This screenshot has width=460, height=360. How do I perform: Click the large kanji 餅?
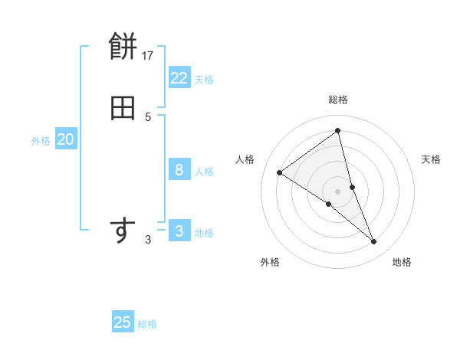(123, 48)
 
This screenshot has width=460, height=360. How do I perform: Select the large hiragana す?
(123, 231)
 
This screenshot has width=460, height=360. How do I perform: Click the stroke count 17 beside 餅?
(148, 55)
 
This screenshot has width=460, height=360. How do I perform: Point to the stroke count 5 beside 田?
(148, 116)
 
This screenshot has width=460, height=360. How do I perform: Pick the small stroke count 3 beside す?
(148, 240)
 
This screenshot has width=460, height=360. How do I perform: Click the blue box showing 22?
(179, 77)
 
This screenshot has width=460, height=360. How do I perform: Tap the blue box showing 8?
(179, 169)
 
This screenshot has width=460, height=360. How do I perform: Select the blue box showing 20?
(65, 139)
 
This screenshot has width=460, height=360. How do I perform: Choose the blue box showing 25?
(123, 322)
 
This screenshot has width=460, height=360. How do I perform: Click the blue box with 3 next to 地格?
(179, 231)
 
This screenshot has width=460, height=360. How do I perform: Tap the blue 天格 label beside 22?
(204, 79)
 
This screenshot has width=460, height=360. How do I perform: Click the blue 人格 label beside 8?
(204, 171)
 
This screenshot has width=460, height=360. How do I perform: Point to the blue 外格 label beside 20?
(41, 141)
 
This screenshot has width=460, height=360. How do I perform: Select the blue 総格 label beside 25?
(147, 324)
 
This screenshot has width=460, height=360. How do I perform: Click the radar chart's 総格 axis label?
(337, 100)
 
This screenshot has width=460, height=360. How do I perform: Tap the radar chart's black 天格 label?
(431, 159)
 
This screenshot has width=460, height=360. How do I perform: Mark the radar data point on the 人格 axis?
(280, 172)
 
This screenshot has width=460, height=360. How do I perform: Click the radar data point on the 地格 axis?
(374, 241)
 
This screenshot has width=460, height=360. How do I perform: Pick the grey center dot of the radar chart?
(337, 191)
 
